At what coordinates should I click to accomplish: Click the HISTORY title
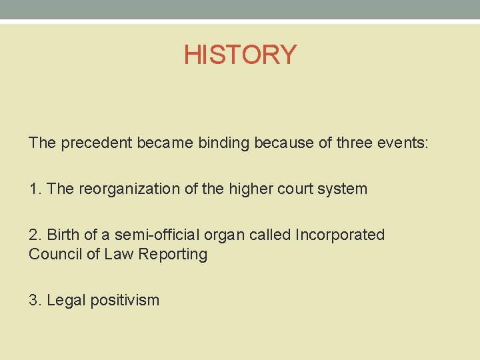(x=240, y=55)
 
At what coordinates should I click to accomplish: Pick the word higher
(x=251, y=189)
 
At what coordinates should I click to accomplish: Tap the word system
(x=343, y=189)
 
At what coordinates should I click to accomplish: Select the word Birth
(x=63, y=235)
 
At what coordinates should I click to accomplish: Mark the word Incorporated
(x=339, y=235)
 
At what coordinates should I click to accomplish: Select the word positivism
(x=126, y=300)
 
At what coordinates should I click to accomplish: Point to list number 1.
(x=35, y=189)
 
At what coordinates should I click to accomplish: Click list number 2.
(x=35, y=235)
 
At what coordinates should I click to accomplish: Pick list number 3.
(x=35, y=300)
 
